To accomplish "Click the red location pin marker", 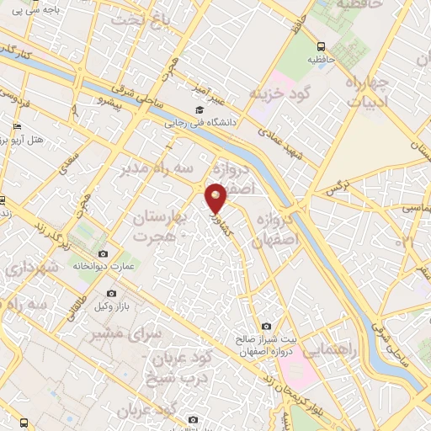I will point(216,197).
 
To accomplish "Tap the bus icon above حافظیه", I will point(321,47).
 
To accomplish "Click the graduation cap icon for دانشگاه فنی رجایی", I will point(200,109).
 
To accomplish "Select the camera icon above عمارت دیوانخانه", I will point(104,253).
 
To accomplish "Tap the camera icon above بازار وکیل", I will point(111,293).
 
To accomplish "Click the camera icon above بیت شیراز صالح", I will point(266,326).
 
